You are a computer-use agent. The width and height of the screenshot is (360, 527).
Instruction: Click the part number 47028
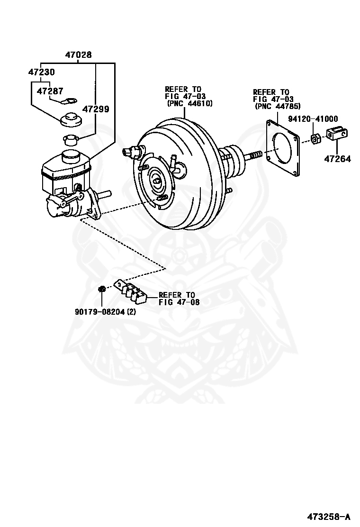coord(78,55)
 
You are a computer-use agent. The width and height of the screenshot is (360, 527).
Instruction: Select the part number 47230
coord(41,73)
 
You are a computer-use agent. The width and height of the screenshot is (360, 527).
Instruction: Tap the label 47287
coord(50,91)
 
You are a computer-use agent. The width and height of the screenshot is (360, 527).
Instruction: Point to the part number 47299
coord(96,109)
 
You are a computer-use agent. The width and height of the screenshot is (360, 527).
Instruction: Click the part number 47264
coord(337,159)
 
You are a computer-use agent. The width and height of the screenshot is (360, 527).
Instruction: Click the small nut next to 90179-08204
coord(101,289)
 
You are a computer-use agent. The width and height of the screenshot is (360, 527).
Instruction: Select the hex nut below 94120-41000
coord(316,138)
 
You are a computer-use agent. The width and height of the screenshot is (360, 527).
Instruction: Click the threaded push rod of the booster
coord(254,155)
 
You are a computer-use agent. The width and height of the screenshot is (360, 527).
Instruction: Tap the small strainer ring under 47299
coord(70,140)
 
